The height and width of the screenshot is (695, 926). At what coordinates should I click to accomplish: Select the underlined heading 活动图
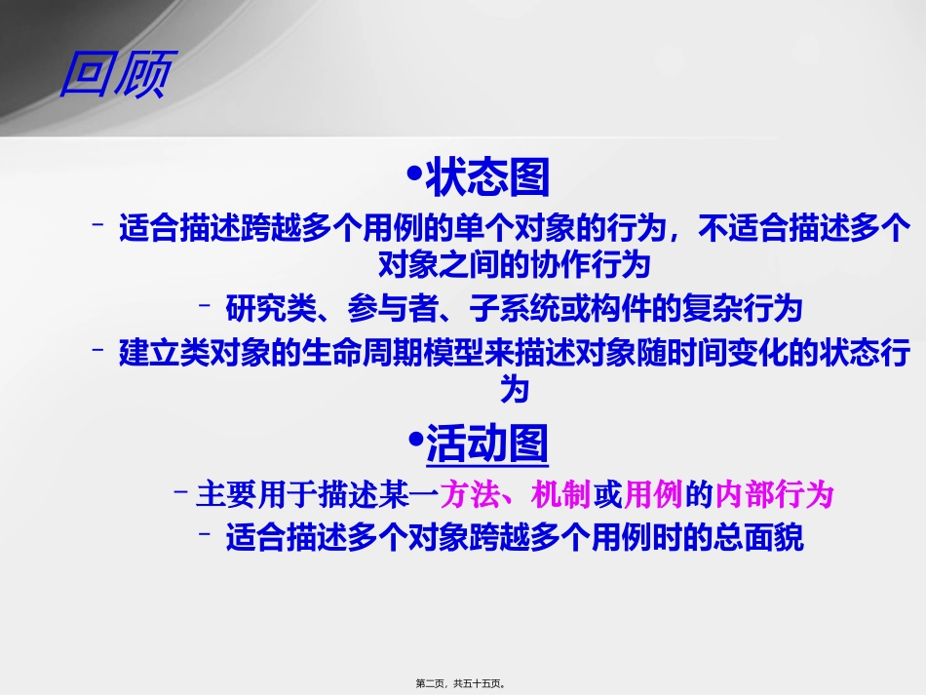[x=487, y=444]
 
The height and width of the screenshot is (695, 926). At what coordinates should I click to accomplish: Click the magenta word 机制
[x=561, y=495]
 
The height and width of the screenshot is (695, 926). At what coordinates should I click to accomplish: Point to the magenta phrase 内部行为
[x=775, y=495]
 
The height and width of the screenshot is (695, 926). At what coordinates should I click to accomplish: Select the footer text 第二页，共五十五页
[x=460, y=684]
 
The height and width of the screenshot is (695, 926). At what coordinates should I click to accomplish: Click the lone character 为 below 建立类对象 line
[x=514, y=390]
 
